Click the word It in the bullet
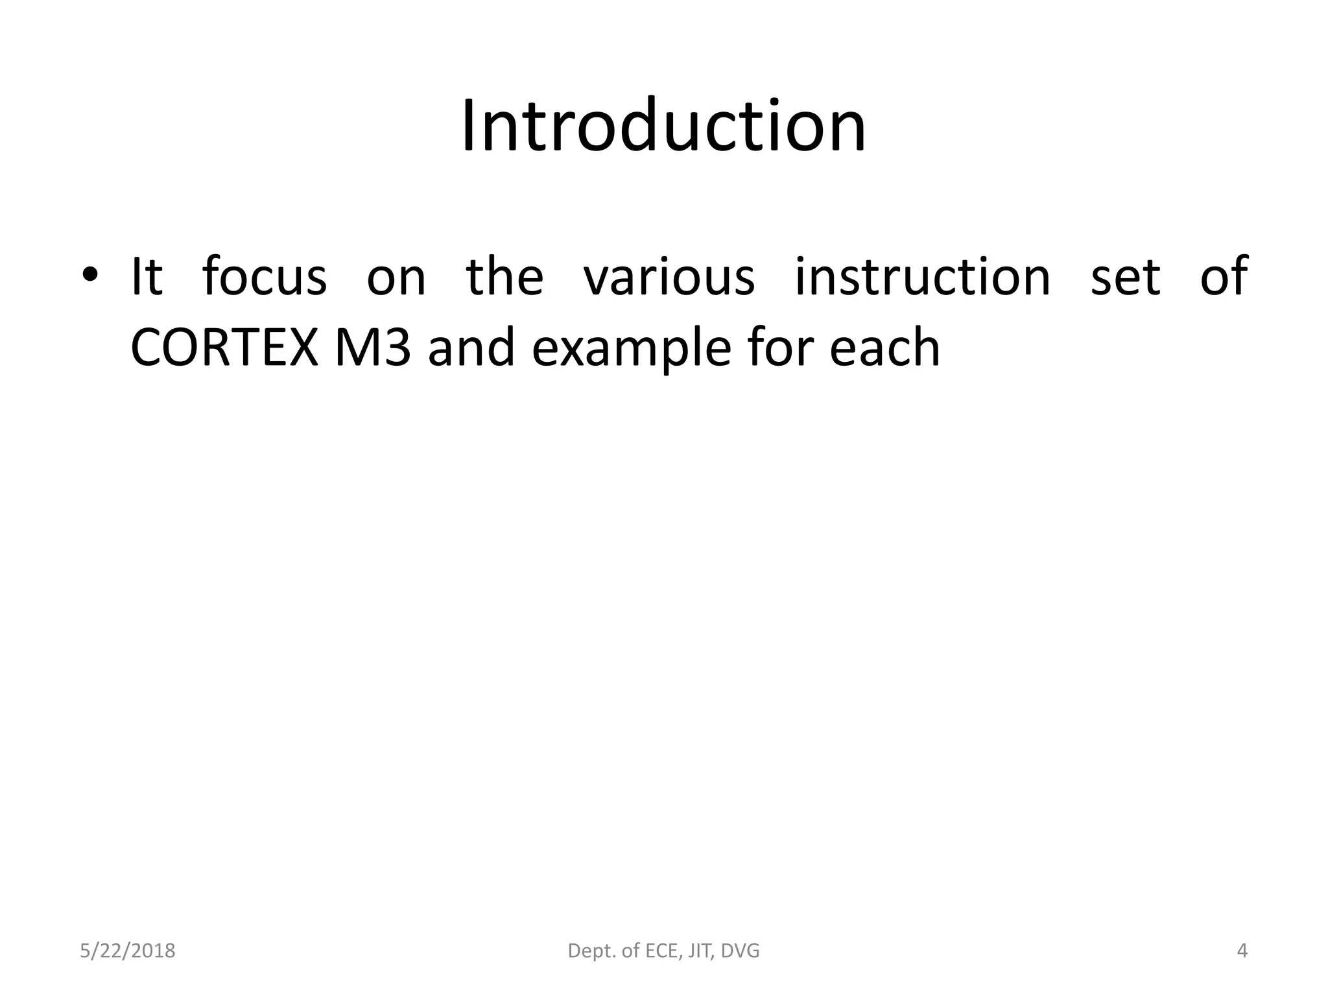(x=146, y=277)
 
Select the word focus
(x=264, y=277)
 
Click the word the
(x=504, y=277)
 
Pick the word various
(x=669, y=277)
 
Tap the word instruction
(x=922, y=277)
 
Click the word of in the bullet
(x=1224, y=277)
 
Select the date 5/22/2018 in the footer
(x=128, y=951)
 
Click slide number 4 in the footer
(x=1242, y=951)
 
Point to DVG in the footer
(x=740, y=951)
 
